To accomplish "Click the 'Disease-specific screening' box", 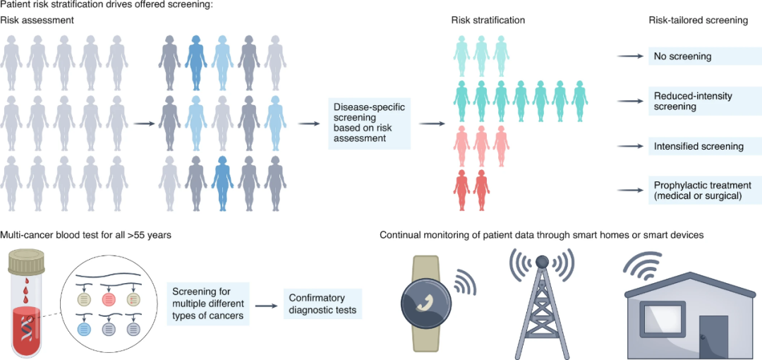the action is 369,124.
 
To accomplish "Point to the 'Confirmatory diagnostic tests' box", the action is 322,304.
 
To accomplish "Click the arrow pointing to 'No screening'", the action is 629,56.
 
